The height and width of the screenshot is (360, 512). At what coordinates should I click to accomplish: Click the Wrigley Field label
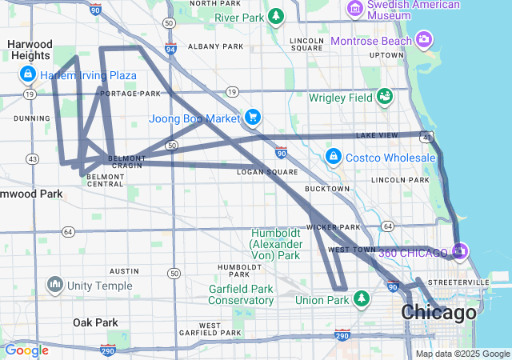point(341,98)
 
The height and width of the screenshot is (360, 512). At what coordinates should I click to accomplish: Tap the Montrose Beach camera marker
point(424,39)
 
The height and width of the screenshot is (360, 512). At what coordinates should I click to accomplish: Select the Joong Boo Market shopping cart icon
point(253,118)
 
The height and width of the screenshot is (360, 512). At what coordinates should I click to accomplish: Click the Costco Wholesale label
point(390,158)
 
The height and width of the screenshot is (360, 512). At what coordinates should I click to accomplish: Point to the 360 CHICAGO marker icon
point(459,252)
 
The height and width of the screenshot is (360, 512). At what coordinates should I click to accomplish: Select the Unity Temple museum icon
point(55,284)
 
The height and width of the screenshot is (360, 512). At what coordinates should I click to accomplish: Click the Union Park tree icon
point(362,299)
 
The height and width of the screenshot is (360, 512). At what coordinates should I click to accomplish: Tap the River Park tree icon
point(276,16)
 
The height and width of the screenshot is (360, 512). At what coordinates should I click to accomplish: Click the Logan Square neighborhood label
point(267,172)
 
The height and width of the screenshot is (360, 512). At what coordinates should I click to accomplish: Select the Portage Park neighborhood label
point(120,94)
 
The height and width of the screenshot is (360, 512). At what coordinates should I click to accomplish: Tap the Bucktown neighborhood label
point(326,189)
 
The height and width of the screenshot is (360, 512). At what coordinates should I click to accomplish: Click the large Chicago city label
point(438,313)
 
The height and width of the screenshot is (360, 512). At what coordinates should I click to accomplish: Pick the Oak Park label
point(95,322)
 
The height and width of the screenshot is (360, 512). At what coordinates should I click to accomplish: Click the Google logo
point(26,350)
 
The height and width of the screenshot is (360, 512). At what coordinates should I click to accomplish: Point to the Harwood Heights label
point(31,50)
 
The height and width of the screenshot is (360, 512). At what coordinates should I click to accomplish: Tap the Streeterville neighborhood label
point(480,282)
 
